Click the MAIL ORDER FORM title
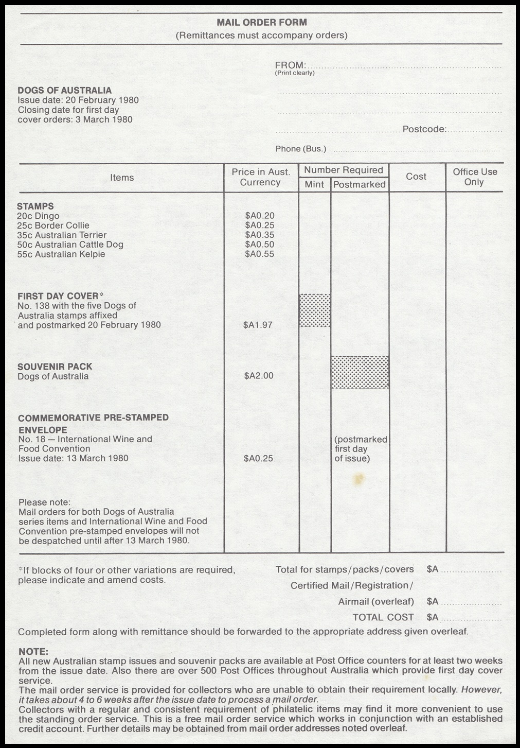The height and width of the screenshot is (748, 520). click(x=261, y=23)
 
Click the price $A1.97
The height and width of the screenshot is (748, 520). click(x=258, y=325)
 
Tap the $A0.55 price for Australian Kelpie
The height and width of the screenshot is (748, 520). click(x=260, y=254)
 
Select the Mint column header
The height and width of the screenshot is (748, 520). click(x=314, y=184)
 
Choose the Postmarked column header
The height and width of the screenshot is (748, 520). click(x=359, y=184)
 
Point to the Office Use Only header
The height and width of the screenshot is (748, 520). click(x=474, y=177)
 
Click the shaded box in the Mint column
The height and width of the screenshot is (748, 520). click(x=315, y=310)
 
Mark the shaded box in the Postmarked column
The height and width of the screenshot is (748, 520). click(x=360, y=372)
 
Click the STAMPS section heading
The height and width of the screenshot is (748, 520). click(x=35, y=206)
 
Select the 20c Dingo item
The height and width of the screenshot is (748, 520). click(x=38, y=216)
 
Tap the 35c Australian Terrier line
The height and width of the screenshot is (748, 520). click(x=62, y=235)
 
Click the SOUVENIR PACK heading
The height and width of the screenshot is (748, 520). click(x=55, y=367)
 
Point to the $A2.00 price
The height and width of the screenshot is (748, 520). click(x=258, y=376)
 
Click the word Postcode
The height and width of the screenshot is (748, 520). click(x=424, y=129)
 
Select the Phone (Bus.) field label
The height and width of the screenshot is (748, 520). click(x=300, y=149)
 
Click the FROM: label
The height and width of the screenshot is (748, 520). click(x=291, y=65)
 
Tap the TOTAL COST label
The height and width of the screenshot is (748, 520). click(x=383, y=617)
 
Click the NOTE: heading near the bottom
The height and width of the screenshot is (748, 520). click(x=33, y=652)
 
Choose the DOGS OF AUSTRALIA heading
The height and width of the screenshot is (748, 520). click(x=64, y=91)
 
